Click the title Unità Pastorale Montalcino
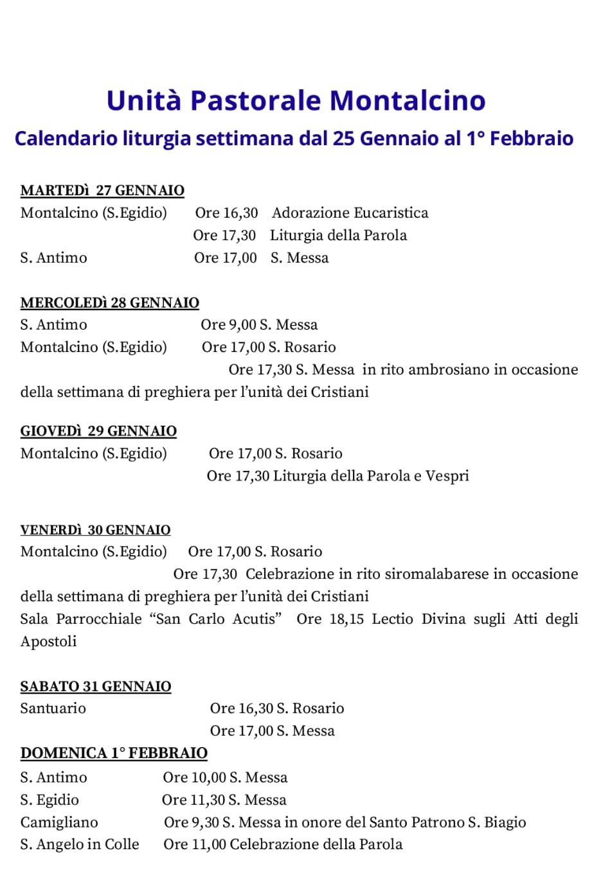[x=296, y=101]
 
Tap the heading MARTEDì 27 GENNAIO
[x=102, y=190]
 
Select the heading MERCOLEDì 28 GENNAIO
[x=110, y=303]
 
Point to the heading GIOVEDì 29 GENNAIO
[x=98, y=430]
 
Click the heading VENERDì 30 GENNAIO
[x=96, y=530]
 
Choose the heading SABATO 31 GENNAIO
[x=96, y=686]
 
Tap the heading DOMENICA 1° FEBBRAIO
[x=114, y=753]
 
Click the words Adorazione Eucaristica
[x=350, y=213]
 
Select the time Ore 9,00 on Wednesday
[x=228, y=324]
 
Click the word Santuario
[x=53, y=709]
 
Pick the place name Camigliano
[x=59, y=822]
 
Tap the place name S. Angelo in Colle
[x=80, y=844]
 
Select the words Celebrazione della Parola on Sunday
[x=316, y=844]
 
